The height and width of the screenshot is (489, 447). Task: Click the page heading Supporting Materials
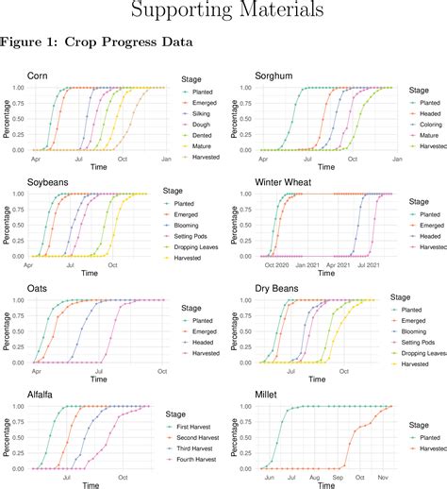(223, 11)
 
